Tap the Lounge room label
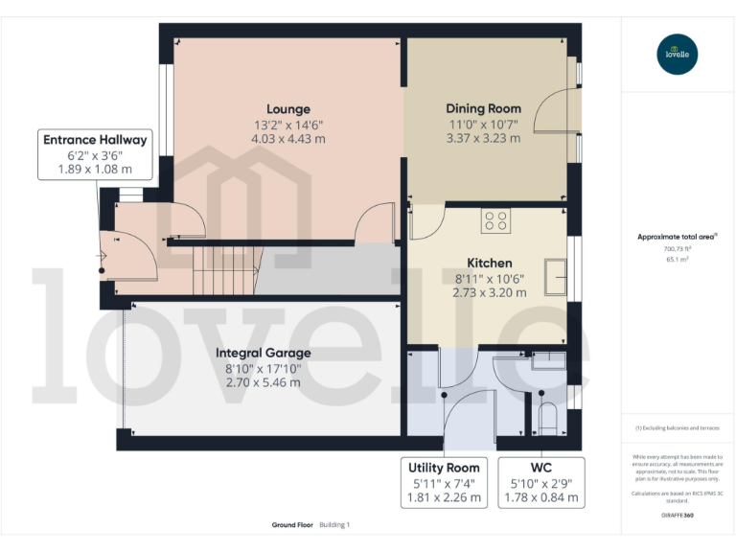pos(288,109)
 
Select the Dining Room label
pos(483,109)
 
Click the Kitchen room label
pos(489,263)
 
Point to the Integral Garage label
pos(263,353)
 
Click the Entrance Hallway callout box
pos(95,154)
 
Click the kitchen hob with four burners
pos(495,221)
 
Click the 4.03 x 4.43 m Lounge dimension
pos(288,138)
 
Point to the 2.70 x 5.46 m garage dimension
pos(263,381)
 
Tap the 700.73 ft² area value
pos(678,248)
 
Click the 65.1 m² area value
pos(678,260)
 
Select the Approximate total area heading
pos(677,236)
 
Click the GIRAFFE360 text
pos(677,516)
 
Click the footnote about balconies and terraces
pos(678,428)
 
